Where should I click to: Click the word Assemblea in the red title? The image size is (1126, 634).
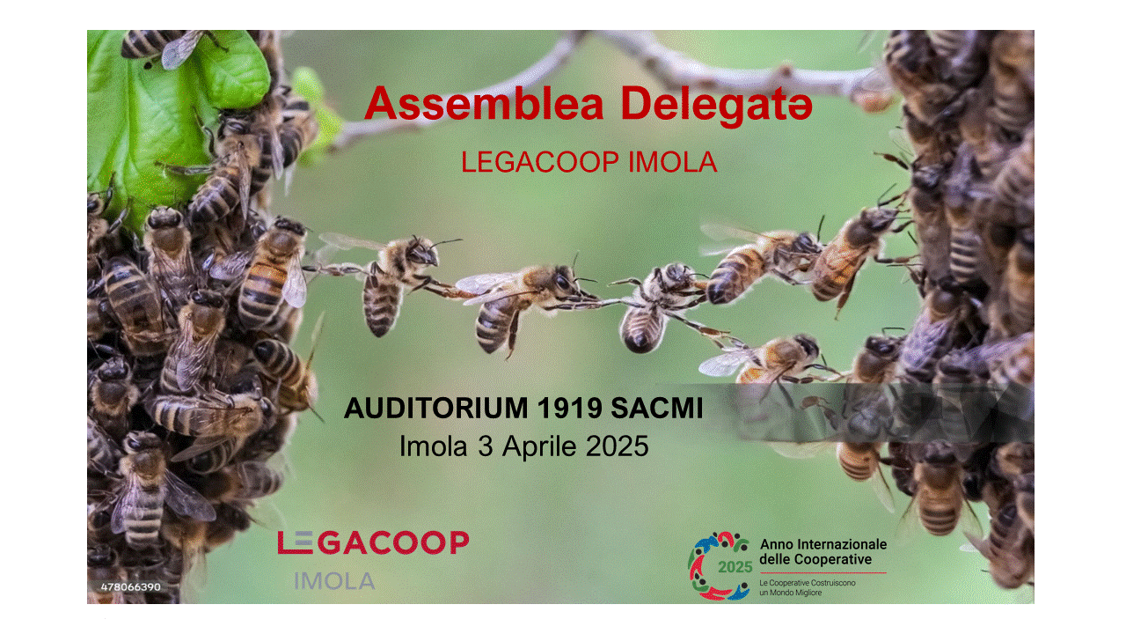coord(484,104)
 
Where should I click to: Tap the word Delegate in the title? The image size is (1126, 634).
coord(716,107)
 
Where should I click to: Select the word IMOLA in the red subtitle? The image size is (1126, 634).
coord(673,162)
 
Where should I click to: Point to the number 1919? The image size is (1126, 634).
coord(569,408)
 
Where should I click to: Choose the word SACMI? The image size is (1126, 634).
coord(656,408)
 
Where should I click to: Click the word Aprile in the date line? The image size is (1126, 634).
coord(539,446)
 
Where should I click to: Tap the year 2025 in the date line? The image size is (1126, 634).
coord(618,446)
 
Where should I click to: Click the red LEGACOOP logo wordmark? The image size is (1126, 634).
coord(374,542)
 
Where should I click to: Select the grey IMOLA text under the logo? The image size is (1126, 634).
coord(335,581)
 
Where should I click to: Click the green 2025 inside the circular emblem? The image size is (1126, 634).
coord(735,568)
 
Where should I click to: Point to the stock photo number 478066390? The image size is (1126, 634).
coord(131,587)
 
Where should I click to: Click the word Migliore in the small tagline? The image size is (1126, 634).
coord(808,593)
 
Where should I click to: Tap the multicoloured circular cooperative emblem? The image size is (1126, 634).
coord(720,566)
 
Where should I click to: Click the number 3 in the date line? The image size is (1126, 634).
coord(485,446)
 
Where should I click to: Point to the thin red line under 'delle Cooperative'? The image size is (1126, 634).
coord(823,572)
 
